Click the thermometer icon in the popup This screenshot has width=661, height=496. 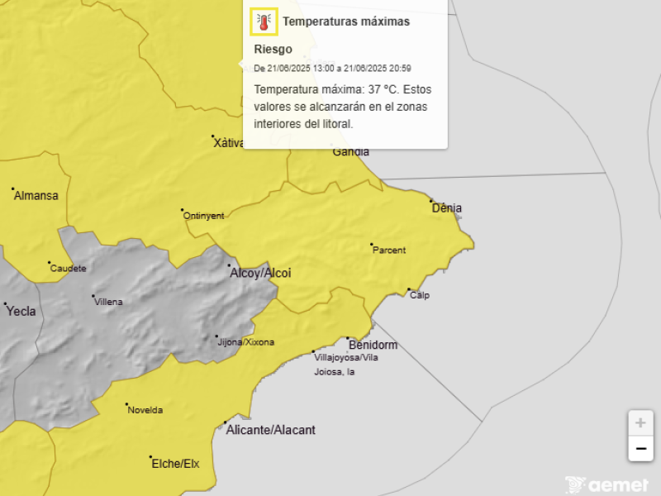[x=264, y=22]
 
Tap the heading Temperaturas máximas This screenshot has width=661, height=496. [x=346, y=22]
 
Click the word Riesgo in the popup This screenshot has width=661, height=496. [x=273, y=50]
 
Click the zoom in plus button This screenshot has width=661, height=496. [x=640, y=422]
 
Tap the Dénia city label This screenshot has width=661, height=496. [x=447, y=208]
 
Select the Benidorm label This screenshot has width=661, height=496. [x=373, y=345]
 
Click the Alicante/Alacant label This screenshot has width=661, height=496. [x=272, y=430]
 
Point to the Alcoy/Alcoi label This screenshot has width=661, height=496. [x=260, y=273]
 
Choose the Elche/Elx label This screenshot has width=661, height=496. [x=175, y=464]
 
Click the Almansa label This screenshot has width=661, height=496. [x=36, y=196]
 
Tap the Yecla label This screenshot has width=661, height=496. [x=21, y=312]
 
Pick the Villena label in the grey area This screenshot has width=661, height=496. [x=109, y=302]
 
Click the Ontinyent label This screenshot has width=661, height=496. [x=203, y=216]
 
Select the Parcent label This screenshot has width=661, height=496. [x=389, y=250]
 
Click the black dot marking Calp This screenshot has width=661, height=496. [x=409, y=289]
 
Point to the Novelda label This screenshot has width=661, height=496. [x=145, y=410]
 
